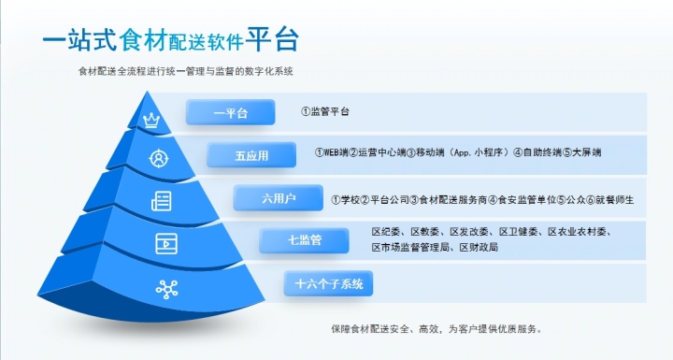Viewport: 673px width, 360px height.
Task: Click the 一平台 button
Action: click(x=230, y=112)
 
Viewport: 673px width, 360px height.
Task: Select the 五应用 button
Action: click(x=251, y=155)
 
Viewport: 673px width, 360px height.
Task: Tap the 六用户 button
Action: click(x=279, y=198)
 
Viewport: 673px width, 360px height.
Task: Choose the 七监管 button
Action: click(x=304, y=240)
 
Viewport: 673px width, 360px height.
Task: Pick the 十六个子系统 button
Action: click(x=328, y=282)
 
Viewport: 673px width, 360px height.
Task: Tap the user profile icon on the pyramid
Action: click(x=160, y=157)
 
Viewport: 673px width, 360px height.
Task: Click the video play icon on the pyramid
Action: click(x=166, y=243)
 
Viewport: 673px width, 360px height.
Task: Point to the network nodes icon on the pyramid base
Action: click(x=167, y=289)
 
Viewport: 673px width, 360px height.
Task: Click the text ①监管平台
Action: click(x=325, y=111)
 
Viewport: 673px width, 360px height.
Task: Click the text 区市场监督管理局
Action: click(x=411, y=248)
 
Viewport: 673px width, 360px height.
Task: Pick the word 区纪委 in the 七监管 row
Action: click(x=387, y=231)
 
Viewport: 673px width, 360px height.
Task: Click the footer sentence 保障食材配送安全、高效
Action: click(x=436, y=328)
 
